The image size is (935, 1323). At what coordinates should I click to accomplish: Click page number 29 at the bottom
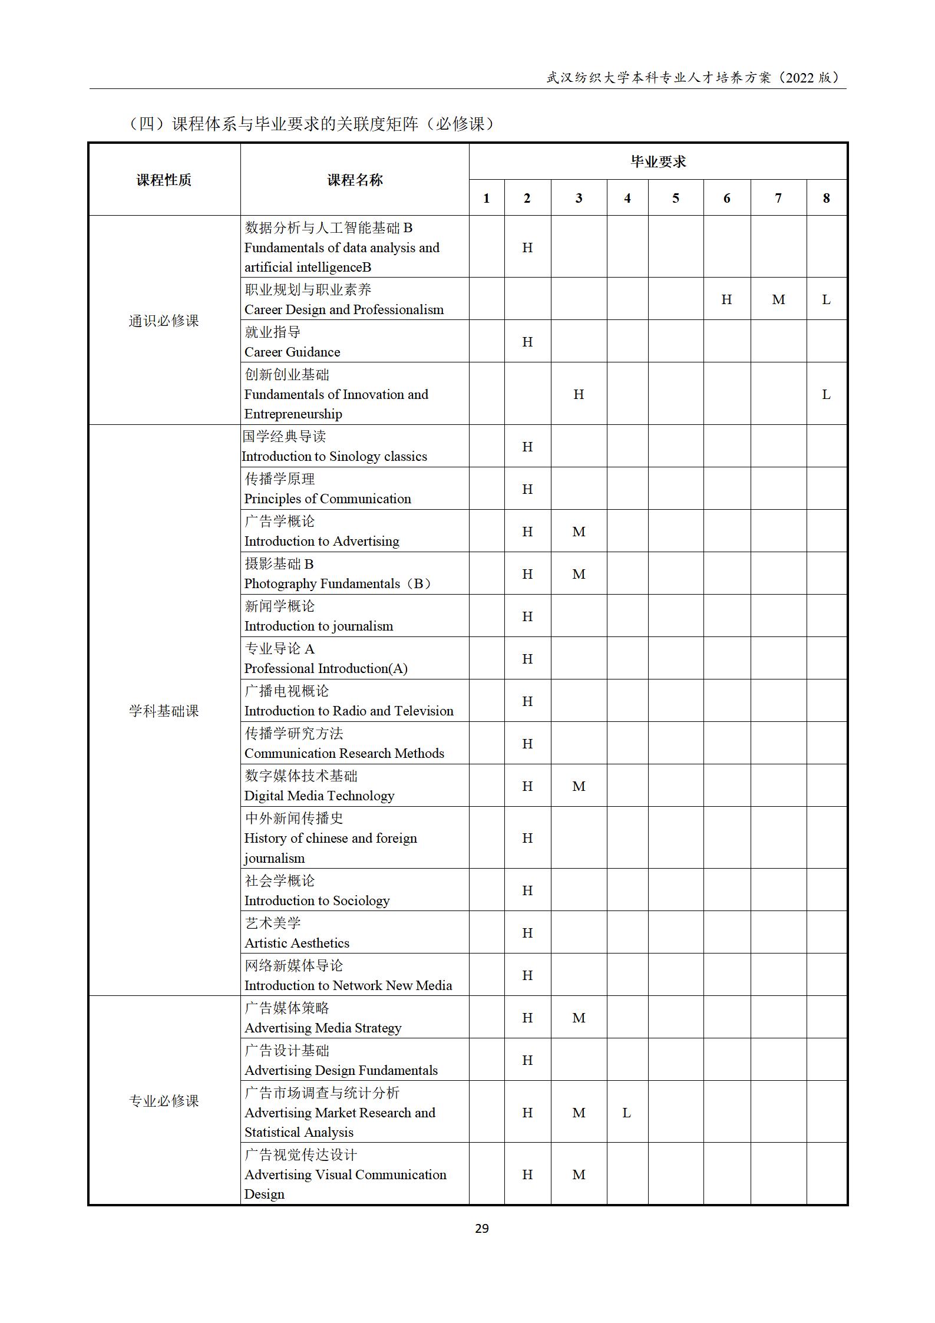(481, 1228)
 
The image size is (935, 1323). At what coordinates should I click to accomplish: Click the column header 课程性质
(164, 180)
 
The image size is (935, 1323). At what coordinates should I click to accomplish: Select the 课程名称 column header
(355, 180)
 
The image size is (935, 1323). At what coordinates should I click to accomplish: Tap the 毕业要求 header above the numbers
(658, 162)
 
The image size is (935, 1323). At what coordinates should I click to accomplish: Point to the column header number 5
(675, 199)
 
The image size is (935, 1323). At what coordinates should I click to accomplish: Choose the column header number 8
(826, 199)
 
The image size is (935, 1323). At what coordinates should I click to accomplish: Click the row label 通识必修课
(164, 321)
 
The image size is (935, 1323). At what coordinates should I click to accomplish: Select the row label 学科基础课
(164, 711)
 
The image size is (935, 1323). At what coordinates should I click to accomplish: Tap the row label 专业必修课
(164, 1101)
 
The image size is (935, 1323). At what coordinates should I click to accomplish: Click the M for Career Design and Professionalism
(778, 300)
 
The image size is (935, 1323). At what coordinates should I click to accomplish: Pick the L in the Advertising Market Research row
(626, 1113)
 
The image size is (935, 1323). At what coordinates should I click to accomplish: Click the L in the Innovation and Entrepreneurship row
(826, 395)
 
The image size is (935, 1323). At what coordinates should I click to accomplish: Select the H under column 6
(726, 300)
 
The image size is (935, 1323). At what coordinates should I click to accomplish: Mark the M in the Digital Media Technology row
(579, 787)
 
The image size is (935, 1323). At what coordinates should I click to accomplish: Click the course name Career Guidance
(292, 352)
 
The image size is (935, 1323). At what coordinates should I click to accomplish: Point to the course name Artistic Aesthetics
(296, 943)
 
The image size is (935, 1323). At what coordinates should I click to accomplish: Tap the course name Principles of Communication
(328, 499)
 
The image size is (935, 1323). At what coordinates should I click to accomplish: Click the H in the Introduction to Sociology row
(527, 890)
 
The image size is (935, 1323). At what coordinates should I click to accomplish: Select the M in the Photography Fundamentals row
(579, 574)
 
